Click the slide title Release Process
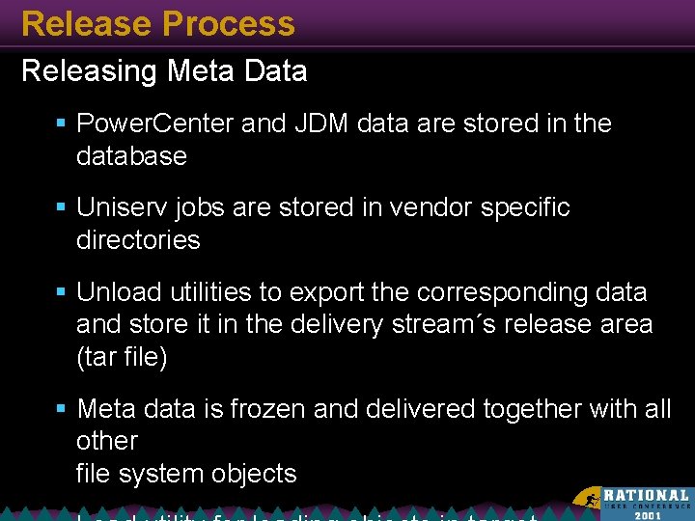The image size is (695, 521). click(x=157, y=23)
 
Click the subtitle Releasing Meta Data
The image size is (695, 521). click(x=164, y=71)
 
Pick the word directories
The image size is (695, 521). click(x=138, y=240)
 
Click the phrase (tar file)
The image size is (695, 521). click(x=122, y=357)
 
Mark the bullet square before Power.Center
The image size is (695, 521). click(x=60, y=124)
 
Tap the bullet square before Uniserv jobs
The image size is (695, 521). click(x=60, y=208)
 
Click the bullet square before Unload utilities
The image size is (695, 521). click(x=60, y=292)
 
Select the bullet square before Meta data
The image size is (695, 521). click(x=60, y=410)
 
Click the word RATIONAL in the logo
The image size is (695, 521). click(x=647, y=495)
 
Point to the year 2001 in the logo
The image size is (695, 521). click(x=648, y=515)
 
